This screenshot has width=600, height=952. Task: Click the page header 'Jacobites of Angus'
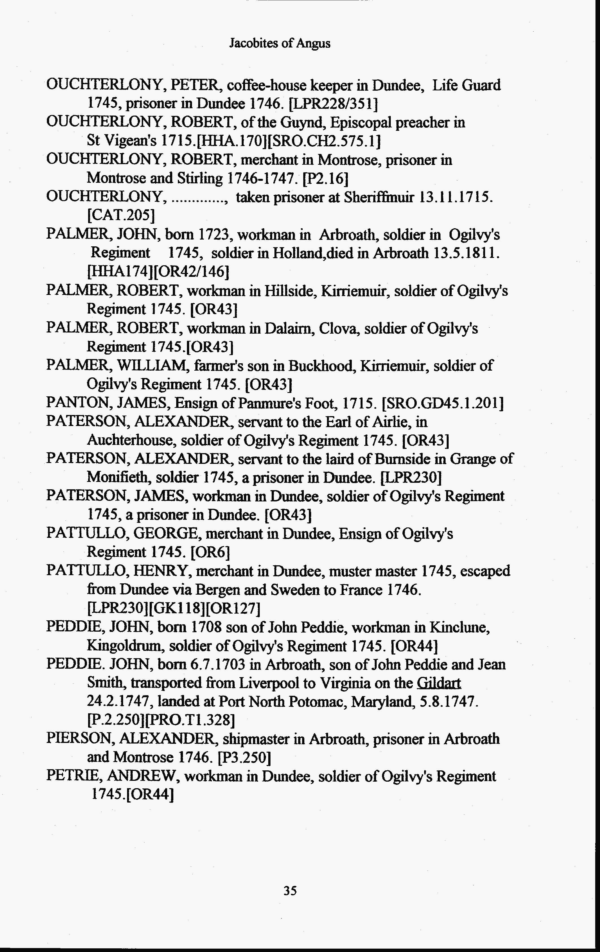click(280, 43)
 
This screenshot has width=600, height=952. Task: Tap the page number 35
click(290, 890)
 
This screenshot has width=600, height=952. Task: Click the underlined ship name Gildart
click(439, 683)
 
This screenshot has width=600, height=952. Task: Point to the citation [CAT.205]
click(120, 215)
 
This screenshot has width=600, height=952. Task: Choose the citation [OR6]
click(210, 552)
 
